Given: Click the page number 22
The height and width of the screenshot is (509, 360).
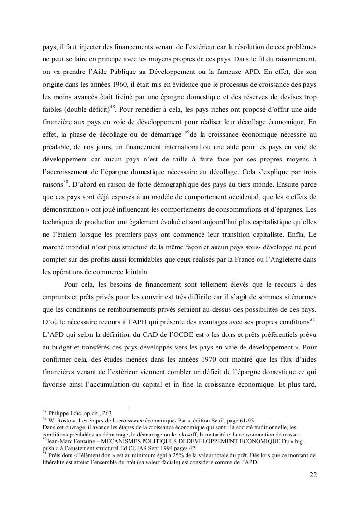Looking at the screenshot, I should pyautogui.click(x=313, y=475).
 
